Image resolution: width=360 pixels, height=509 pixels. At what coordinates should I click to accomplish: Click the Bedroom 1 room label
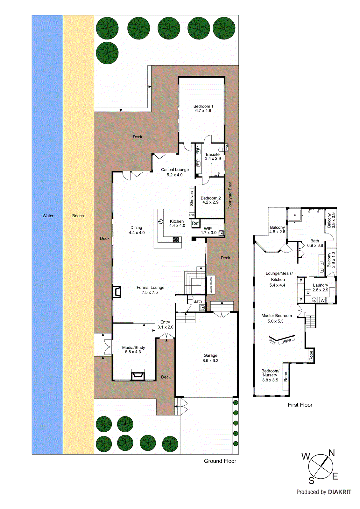203,108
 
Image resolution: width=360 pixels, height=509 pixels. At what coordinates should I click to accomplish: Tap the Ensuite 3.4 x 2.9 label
213,157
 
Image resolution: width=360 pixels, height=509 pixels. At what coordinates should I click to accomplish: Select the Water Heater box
211,285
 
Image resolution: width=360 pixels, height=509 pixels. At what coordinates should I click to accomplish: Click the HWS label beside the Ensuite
227,147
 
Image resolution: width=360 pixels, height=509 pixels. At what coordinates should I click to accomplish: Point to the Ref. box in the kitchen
195,223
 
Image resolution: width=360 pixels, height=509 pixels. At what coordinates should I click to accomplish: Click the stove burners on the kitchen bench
176,240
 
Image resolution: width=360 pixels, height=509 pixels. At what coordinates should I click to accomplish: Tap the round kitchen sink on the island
161,221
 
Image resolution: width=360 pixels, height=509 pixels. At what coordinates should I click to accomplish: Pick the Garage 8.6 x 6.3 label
210,358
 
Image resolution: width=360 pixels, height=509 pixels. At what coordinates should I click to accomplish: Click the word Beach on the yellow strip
78,216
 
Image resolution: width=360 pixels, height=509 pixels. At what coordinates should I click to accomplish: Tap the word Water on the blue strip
48,216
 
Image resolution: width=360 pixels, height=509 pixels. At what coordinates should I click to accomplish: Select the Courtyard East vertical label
230,195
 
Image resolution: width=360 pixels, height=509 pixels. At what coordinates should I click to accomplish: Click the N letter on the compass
331,453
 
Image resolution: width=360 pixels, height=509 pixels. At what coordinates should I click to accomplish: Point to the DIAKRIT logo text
339,492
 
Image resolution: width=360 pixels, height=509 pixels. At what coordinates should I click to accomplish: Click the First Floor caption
300,405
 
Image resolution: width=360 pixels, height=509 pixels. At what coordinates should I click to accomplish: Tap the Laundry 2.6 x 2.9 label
320,288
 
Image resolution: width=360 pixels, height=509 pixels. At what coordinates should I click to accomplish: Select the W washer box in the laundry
322,300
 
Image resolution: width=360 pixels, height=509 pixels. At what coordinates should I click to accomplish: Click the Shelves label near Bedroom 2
192,198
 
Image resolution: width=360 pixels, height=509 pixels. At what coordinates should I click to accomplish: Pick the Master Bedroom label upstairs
276,318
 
